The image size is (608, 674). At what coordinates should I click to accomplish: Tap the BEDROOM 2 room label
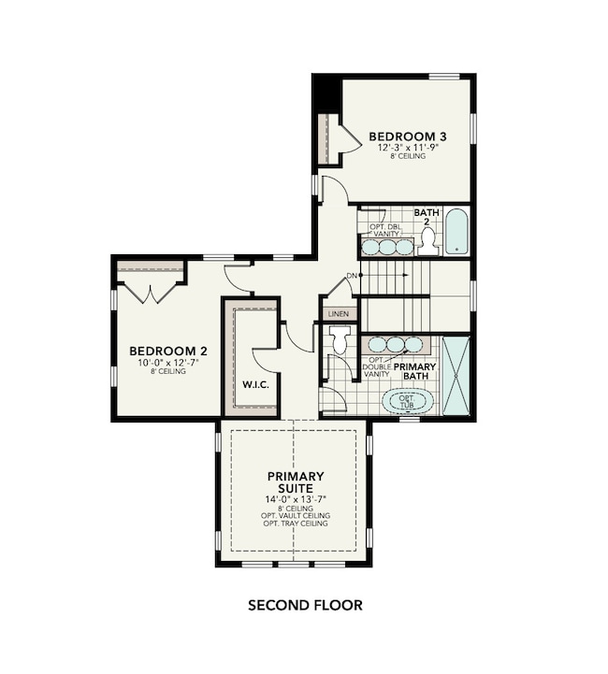click(168, 351)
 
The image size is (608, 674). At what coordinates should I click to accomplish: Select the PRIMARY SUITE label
click(296, 480)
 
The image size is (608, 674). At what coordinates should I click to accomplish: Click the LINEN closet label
click(338, 313)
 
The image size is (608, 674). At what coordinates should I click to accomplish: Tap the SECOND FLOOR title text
click(305, 605)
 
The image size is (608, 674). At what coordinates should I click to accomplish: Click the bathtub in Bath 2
click(456, 233)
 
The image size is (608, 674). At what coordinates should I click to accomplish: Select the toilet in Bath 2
click(428, 241)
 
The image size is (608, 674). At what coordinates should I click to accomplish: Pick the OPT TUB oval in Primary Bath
click(410, 402)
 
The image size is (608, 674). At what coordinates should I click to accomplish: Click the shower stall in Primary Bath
click(456, 376)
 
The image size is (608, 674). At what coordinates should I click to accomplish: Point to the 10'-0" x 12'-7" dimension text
click(168, 363)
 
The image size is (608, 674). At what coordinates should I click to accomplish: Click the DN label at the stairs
click(352, 276)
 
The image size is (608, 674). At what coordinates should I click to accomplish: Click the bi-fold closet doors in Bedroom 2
click(150, 293)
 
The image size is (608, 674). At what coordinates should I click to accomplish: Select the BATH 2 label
click(427, 217)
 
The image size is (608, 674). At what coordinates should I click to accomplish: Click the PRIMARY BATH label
click(414, 372)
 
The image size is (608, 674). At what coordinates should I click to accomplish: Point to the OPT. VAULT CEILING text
click(296, 515)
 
